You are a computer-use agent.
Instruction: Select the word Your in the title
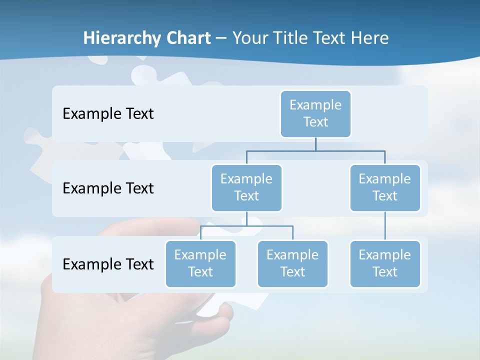pyautogui.click(x=251, y=38)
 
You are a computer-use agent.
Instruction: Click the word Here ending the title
pyautogui.click(x=369, y=38)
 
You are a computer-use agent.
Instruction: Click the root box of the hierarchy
pyautogui.click(x=315, y=113)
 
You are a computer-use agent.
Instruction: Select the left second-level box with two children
pyautogui.click(x=246, y=187)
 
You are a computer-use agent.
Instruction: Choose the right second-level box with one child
pyautogui.click(x=385, y=187)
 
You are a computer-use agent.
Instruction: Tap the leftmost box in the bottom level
pyautogui.click(x=200, y=263)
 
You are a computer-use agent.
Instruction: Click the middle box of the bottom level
pyautogui.click(x=292, y=263)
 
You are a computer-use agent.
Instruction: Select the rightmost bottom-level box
pyautogui.click(x=385, y=263)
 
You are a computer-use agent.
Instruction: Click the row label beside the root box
pyautogui.click(x=108, y=114)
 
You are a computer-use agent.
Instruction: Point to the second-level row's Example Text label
pyautogui.click(x=108, y=188)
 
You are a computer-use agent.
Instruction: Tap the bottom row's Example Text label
pyautogui.click(x=108, y=264)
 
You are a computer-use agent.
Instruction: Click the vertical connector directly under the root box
pyautogui.click(x=315, y=144)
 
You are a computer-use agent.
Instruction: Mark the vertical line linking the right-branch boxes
pyautogui.click(x=385, y=226)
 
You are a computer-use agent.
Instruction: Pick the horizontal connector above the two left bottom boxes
pyautogui.click(x=246, y=226)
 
